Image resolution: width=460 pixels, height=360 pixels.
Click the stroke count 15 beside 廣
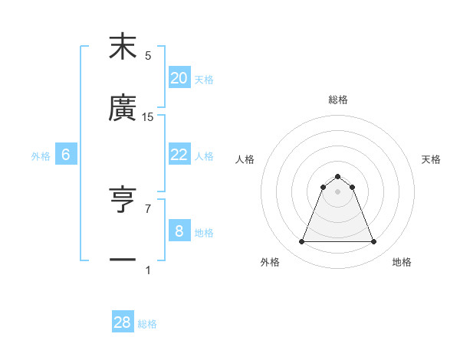point(148,116)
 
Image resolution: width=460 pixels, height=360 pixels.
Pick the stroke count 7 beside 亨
point(148,208)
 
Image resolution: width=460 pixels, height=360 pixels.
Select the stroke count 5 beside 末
point(148,55)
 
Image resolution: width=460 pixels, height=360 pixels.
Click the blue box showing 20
point(179,77)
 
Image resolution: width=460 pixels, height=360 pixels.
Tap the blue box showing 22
point(179,154)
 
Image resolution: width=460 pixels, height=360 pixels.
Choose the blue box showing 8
point(179,231)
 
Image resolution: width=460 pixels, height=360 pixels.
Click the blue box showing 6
point(66,154)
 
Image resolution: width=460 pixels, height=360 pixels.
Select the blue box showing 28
point(123,322)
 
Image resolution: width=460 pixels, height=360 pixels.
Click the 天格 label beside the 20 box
point(204,79)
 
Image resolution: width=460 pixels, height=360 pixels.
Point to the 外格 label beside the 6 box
point(41,155)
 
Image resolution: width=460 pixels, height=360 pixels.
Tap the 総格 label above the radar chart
point(337,100)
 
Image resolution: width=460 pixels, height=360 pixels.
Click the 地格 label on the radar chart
point(402,262)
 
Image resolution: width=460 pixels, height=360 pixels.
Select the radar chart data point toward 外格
point(301,242)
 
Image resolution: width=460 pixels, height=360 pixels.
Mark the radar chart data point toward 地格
point(374,242)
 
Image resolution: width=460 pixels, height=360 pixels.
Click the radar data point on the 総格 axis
point(337,176)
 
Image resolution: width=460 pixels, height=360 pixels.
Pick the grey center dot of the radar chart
point(337,191)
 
